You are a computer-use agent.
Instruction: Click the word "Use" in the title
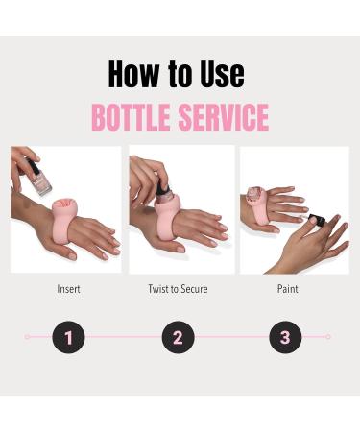[x=219, y=74]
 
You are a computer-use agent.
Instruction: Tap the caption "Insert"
[x=69, y=288]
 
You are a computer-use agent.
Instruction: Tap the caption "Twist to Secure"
[x=178, y=288]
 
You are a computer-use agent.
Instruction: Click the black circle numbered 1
[x=69, y=337]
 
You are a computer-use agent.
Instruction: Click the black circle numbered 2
[x=178, y=337]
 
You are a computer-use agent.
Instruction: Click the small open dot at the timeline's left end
[x=27, y=337]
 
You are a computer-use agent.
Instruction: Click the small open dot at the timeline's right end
[x=328, y=337]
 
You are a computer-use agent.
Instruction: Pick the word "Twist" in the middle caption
[x=158, y=288]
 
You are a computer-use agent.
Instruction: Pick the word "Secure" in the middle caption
[x=195, y=288]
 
